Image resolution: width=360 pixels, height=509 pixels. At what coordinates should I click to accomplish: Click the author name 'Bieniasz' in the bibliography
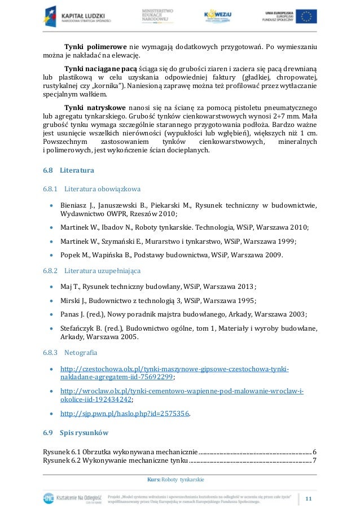pos(76,204)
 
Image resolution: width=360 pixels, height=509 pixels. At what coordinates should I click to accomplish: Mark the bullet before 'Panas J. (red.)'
pos(52,314)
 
